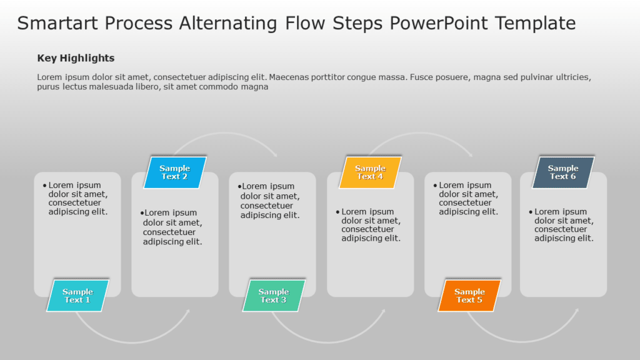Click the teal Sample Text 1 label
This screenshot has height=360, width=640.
[x=77, y=296]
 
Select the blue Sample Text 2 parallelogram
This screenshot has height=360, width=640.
[x=175, y=172]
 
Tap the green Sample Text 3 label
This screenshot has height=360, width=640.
[x=274, y=296]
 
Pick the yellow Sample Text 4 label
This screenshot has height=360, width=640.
[x=370, y=172]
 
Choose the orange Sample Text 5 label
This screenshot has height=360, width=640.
[x=469, y=296]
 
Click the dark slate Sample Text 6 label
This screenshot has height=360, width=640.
[x=563, y=172]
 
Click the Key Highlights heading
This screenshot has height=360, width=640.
[x=76, y=58]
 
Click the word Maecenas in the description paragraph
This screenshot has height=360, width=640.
[x=291, y=77]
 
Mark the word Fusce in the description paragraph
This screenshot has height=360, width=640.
[x=422, y=77]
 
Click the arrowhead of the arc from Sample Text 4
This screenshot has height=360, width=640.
[x=470, y=154]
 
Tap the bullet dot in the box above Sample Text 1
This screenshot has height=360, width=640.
[x=44, y=186]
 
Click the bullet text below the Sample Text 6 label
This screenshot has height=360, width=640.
[x=564, y=225]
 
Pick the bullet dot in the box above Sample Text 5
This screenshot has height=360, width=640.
[x=435, y=186]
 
